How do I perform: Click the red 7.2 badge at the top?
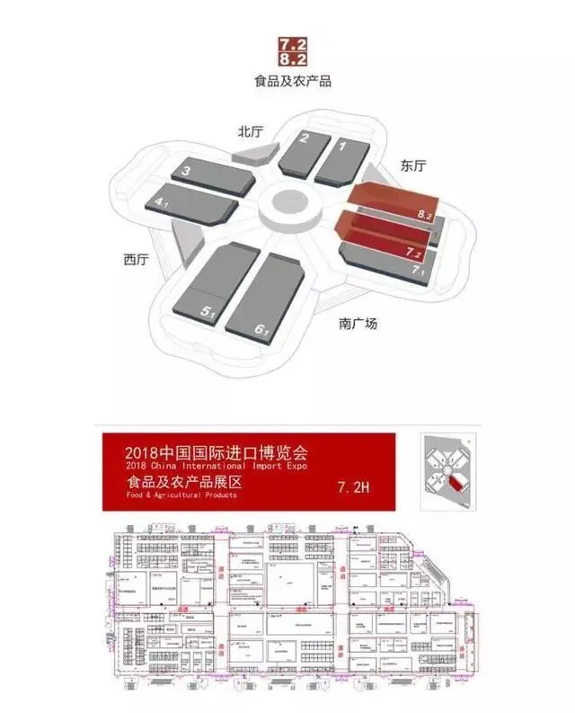[x=294, y=43]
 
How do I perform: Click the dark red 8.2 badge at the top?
[x=294, y=59]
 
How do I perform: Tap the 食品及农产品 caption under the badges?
[x=293, y=81]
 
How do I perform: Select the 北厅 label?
[x=250, y=131]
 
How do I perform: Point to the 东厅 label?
[x=413, y=165]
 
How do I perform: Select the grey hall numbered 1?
[x=339, y=159]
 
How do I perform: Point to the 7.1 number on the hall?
[x=417, y=269]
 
